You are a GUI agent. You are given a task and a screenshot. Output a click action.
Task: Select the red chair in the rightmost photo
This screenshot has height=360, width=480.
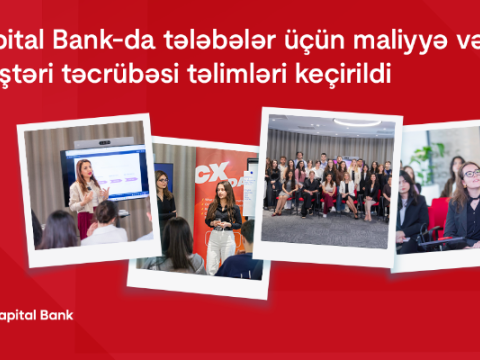coord(438,215)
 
